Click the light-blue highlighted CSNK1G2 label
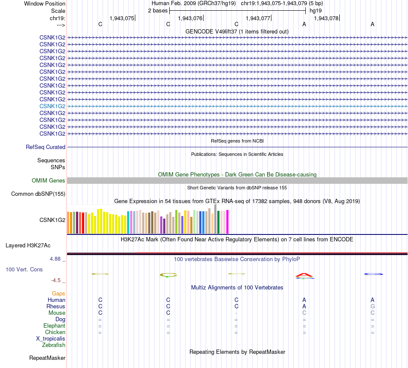pyautogui.click(x=52, y=106)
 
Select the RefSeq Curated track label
pyautogui.click(x=46, y=147)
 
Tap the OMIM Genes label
pyautogui.click(x=49, y=180)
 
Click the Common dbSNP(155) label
pyautogui.click(x=38, y=194)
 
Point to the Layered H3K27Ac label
pyautogui.click(x=28, y=245)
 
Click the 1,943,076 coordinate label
pyautogui.click(x=190, y=18)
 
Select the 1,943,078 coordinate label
pyautogui.click(x=326, y=18)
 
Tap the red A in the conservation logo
pyautogui.click(x=304, y=275)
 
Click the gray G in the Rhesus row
pyautogui.click(x=373, y=306)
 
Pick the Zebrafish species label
pyautogui.click(x=54, y=345)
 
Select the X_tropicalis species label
pyautogui.click(x=51, y=339)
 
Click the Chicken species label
pyautogui.click(x=55, y=332)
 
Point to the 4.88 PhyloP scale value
pyautogui.click(x=55, y=259)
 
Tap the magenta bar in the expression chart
pyautogui.click(x=228, y=222)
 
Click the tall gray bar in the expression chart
pyautogui.click(x=216, y=219)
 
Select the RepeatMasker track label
pyautogui.click(x=47, y=358)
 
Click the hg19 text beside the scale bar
pyautogui.click(x=316, y=11)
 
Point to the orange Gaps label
pyautogui.click(x=58, y=293)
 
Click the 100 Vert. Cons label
pyautogui.click(x=24, y=269)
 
